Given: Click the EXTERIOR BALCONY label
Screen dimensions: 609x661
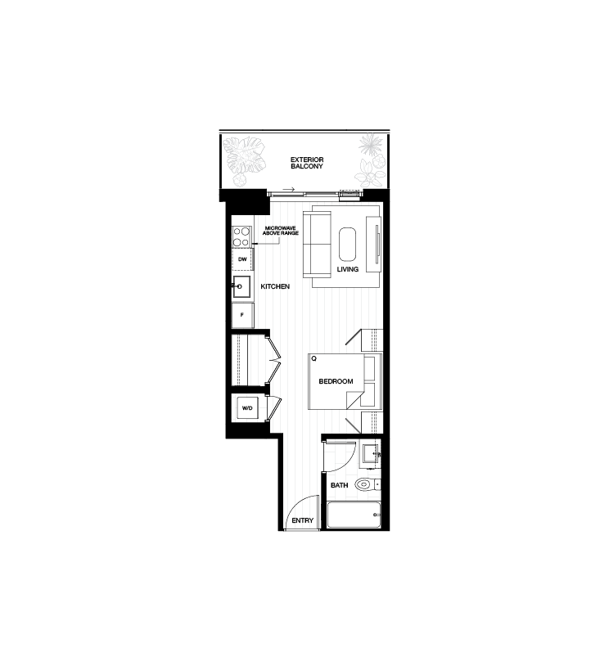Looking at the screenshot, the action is pyautogui.click(x=307, y=163).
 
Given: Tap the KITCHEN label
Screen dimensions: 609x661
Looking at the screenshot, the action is pyautogui.click(x=275, y=286).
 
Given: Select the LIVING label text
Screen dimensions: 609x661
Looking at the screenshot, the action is pyautogui.click(x=348, y=269).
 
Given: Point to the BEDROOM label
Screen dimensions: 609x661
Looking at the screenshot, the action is pyautogui.click(x=336, y=381).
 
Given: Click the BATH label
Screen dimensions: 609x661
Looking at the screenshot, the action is pyautogui.click(x=339, y=485).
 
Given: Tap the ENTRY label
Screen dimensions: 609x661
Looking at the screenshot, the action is pyautogui.click(x=302, y=520).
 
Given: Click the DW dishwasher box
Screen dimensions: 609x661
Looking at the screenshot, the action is pyautogui.click(x=242, y=259).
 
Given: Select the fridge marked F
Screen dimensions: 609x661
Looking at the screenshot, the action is pyautogui.click(x=242, y=315).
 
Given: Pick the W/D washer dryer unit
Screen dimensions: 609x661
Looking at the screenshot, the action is pyautogui.click(x=247, y=408).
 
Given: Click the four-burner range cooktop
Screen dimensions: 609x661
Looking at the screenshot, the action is pyautogui.click(x=241, y=236).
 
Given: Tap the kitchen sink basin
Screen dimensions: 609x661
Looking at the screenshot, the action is pyautogui.click(x=241, y=287).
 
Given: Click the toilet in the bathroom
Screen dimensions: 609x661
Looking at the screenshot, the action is pyautogui.click(x=366, y=485).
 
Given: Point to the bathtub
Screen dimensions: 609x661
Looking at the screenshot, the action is pyautogui.click(x=354, y=515).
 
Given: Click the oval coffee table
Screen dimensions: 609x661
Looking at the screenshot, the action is pyautogui.click(x=348, y=245).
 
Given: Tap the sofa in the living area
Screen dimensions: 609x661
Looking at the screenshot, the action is pyautogui.click(x=317, y=245).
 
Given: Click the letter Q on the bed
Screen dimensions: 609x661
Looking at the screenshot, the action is pyautogui.click(x=314, y=359).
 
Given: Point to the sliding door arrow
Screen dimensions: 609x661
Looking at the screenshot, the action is pyautogui.click(x=288, y=189).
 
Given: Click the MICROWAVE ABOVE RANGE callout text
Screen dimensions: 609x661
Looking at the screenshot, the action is pyautogui.click(x=281, y=231).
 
